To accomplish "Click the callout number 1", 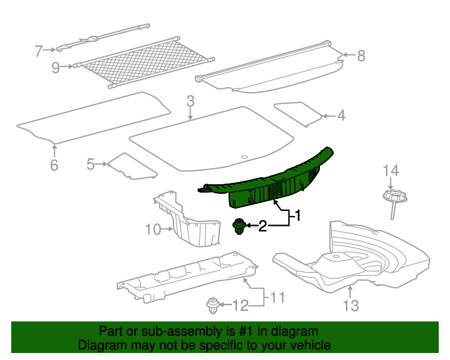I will pyautogui.click(x=297, y=216).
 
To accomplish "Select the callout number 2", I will pyautogui.click(x=263, y=226).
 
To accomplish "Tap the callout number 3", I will pyautogui.click(x=191, y=103).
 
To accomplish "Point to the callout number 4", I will pyautogui.click(x=341, y=116).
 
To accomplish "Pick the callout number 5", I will pyautogui.click(x=91, y=165).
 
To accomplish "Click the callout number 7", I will pyautogui.click(x=39, y=50).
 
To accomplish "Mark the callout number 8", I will pyautogui.click(x=361, y=55).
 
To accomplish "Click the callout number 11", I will pyautogui.click(x=278, y=297).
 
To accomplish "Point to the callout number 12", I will pyautogui.click(x=240, y=305).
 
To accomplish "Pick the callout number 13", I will pyautogui.click(x=350, y=305).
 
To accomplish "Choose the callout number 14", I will pyautogui.click(x=390, y=170).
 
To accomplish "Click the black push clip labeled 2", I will pyautogui.click(x=240, y=226).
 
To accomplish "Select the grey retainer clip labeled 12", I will pyautogui.click(x=212, y=305).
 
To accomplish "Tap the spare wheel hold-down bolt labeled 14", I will pyautogui.click(x=392, y=200).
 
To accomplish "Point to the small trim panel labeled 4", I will pyautogui.click(x=298, y=112).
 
